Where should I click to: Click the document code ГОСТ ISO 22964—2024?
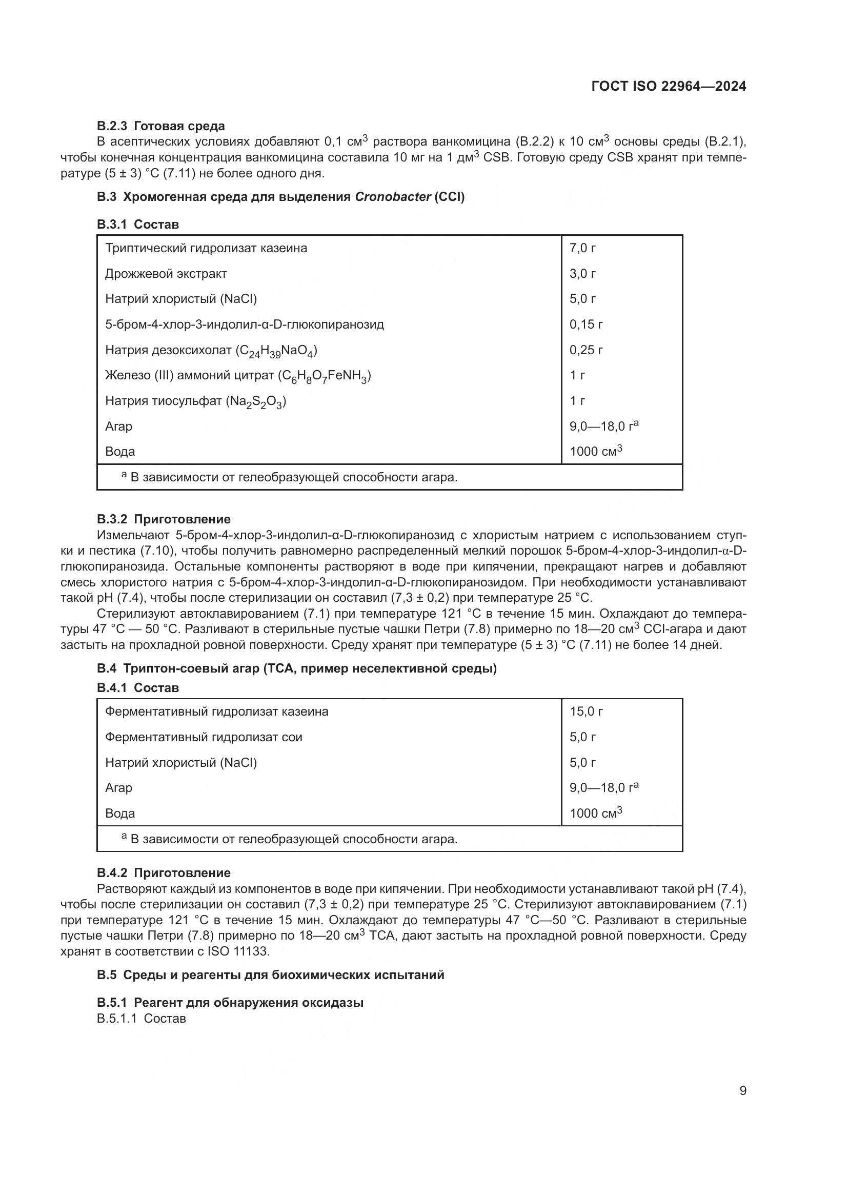click(x=669, y=86)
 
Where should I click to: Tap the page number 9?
click(x=742, y=1090)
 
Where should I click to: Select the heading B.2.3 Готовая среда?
click(x=161, y=126)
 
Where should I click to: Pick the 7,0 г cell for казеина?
click(x=582, y=248)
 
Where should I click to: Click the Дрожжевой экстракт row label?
click(x=166, y=274)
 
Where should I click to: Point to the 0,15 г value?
click(x=586, y=324)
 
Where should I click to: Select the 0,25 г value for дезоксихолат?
click(x=586, y=350)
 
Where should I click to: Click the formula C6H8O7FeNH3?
click(x=324, y=376)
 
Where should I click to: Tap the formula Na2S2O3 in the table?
click(x=256, y=401)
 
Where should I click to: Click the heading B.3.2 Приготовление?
click(x=164, y=519)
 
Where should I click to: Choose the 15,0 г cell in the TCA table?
click(x=586, y=712)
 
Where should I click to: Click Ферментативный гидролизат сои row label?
click(x=204, y=737)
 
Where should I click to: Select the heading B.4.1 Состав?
click(x=138, y=688)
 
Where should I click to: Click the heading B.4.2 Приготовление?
click(x=164, y=872)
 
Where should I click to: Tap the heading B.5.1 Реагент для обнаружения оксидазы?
click(x=230, y=1002)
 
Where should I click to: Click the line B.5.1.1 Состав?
click(x=141, y=1019)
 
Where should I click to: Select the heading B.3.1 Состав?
click(x=138, y=225)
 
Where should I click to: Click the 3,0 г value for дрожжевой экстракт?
click(x=582, y=274)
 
